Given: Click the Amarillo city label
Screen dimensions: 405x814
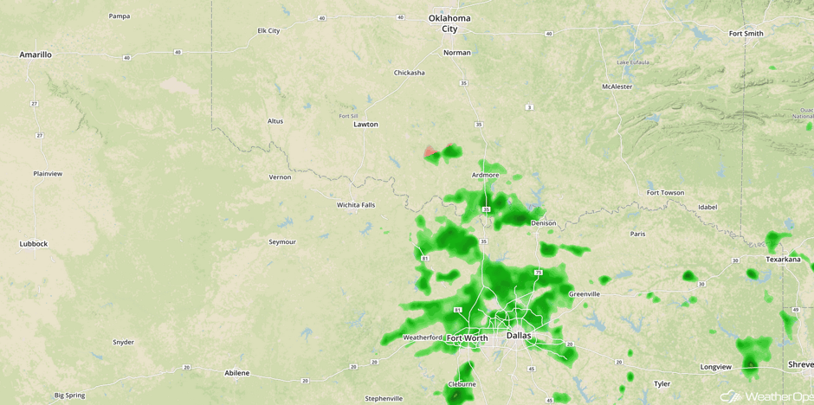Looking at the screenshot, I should click(36, 55).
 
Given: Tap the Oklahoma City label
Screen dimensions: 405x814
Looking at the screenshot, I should click(449, 23).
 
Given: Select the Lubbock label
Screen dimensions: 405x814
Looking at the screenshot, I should click(34, 244).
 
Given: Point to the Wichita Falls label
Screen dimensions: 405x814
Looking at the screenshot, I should click(356, 205).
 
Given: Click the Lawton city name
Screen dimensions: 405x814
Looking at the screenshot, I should click(365, 125).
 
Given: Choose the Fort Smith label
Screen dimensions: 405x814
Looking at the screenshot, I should click(746, 34).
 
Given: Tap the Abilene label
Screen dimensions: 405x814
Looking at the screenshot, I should click(236, 373).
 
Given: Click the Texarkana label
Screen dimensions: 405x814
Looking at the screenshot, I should click(784, 259).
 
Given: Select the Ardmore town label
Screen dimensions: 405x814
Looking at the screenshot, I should click(485, 176).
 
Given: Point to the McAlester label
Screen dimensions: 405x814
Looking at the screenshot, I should click(617, 87).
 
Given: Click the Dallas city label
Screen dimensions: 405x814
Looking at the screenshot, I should click(519, 336).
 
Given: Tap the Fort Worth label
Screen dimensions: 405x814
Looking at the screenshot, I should click(467, 338).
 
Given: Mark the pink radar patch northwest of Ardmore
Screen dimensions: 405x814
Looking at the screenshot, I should click(431, 153).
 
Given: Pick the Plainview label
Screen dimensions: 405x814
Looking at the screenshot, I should click(48, 174).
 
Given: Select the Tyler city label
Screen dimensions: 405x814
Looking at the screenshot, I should click(662, 383).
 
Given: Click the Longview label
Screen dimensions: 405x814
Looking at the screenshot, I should click(715, 367).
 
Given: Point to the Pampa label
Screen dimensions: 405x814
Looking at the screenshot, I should click(120, 16).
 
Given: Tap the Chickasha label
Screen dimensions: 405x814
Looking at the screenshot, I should click(409, 73).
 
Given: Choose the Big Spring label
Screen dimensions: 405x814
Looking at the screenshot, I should click(69, 395).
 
